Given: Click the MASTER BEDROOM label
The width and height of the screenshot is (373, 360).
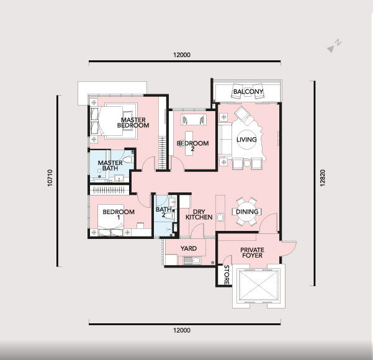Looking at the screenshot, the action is click(x=133, y=122).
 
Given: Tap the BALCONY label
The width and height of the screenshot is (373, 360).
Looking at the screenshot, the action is click(x=248, y=91).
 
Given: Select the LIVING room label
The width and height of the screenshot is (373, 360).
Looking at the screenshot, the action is click(x=246, y=140).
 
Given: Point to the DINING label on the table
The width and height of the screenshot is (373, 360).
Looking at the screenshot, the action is click(x=247, y=212).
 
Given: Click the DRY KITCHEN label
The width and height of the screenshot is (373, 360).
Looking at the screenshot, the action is click(x=199, y=215).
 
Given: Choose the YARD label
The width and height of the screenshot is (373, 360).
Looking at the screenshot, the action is click(x=189, y=248).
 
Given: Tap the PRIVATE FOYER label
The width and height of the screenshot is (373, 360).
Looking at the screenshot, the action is click(x=252, y=253).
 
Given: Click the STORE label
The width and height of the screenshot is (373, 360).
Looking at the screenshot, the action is click(x=227, y=275).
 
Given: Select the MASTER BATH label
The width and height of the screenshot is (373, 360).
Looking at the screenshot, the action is click(x=110, y=166).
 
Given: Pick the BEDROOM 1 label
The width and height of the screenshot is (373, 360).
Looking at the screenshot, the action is click(x=119, y=214).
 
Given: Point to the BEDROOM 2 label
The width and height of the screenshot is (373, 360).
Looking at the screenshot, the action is click(x=192, y=146).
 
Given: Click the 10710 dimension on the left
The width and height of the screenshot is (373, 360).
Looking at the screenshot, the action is click(x=50, y=178).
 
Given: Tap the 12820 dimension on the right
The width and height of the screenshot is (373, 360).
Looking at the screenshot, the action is click(x=322, y=178).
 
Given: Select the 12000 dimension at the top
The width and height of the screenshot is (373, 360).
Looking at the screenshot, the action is click(x=182, y=55).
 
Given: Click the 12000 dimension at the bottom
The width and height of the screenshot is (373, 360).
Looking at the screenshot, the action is click(x=182, y=330).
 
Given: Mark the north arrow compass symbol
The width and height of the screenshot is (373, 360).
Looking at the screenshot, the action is click(x=334, y=46).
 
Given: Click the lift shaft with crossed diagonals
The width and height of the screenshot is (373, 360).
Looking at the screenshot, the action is click(x=259, y=286).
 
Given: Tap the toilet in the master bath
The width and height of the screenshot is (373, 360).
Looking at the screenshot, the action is click(x=128, y=159).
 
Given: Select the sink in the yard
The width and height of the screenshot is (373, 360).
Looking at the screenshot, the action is click(x=192, y=261).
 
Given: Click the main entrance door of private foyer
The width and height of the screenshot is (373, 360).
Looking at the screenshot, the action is click(x=289, y=249).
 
